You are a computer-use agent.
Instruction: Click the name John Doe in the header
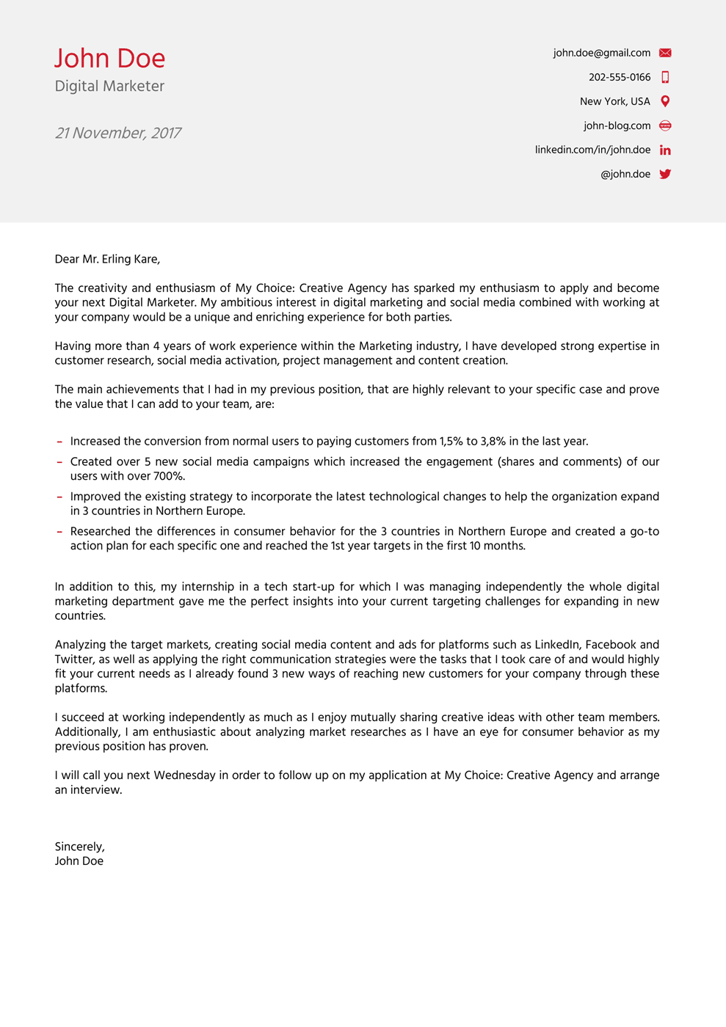point(110,59)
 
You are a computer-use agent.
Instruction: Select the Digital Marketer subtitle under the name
point(109,87)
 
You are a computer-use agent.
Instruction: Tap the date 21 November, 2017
point(117,134)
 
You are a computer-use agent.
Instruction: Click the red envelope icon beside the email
point(665,53)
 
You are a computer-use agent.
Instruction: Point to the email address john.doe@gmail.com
point(601,53)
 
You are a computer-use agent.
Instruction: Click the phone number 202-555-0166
point(619,77)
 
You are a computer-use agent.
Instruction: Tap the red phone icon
point(665,77)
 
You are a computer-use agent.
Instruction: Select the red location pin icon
point(665,101)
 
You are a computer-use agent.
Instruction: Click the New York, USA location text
point(614,101)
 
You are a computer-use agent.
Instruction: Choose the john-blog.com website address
point(617,125)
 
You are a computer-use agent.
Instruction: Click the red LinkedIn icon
point(665,150)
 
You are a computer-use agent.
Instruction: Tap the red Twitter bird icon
point(665,174)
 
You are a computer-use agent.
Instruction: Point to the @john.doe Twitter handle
point(625,174)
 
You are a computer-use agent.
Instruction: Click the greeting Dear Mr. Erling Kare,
point(107,259)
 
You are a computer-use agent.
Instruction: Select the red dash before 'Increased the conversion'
point(59,442)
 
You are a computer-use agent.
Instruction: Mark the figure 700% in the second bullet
point(168,476)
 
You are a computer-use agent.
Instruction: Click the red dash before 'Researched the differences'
point(59,532)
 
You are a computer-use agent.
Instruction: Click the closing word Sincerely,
point(79,847)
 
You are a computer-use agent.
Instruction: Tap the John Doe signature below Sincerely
point(79,861)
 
